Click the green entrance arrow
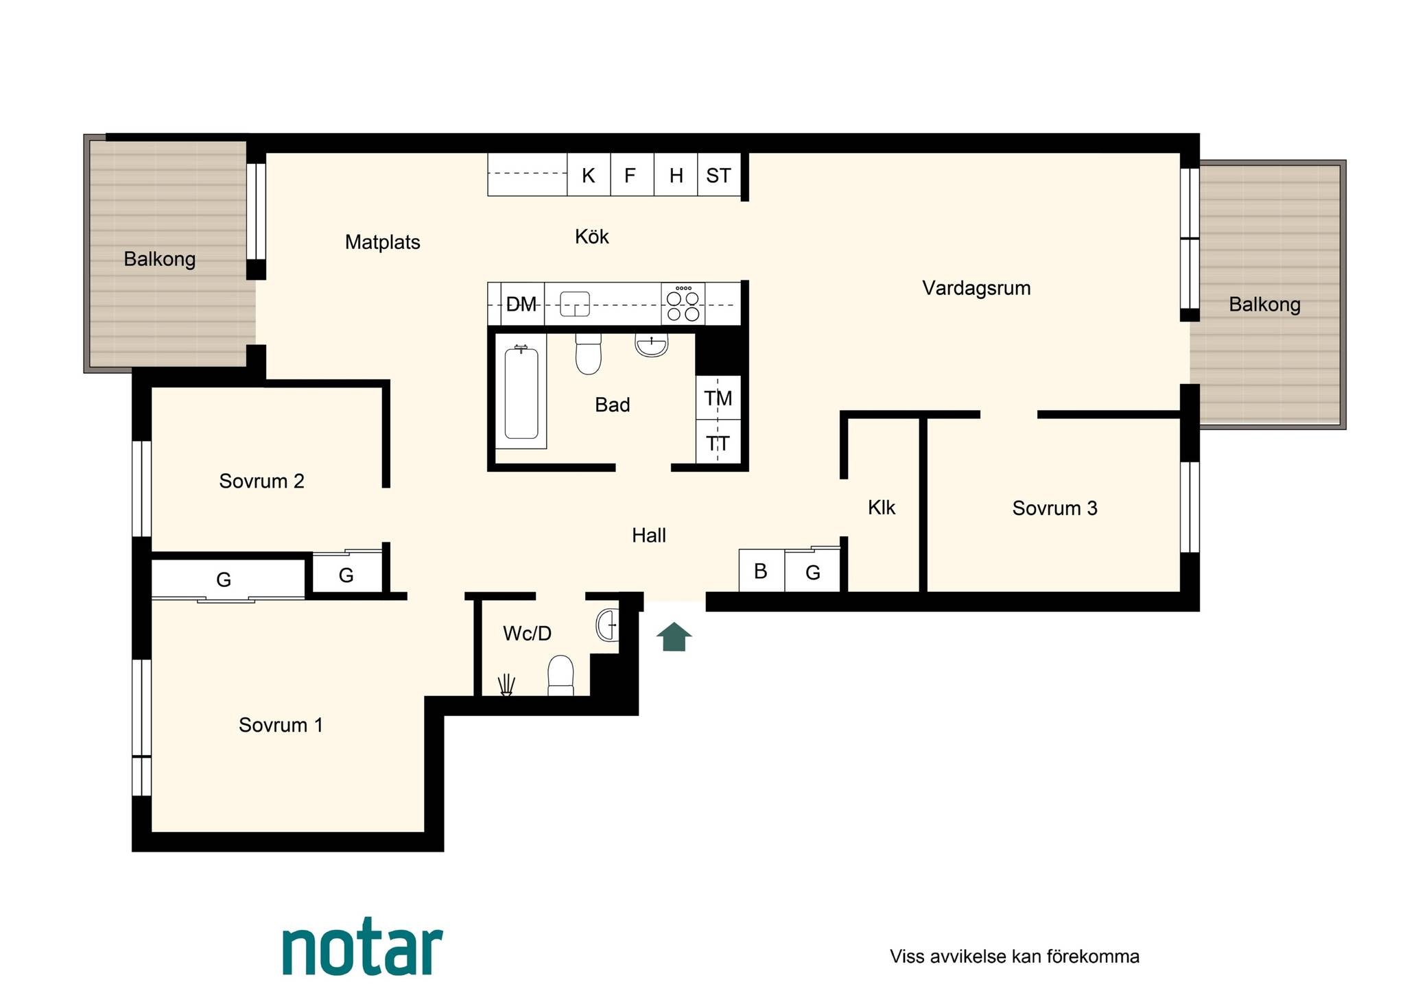click(x=674, y=636)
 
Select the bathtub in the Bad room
click(x=521, y=392)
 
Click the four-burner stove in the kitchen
click(x=683, y=303)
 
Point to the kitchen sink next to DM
click(x=575, y=304)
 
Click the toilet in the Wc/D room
click(x=560, y=675)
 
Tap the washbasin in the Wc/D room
click(x=607, y=625)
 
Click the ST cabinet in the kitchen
click(x=719, y=175)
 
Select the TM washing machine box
click(x=718, y=398)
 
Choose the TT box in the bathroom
click(x=718, y=442)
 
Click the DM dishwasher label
click(x=521, y=304)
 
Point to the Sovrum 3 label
click(x=1054, y=508)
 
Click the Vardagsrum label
click(x=976, y=288)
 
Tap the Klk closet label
click(x=882, y=507)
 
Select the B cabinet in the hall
click(x=761, y=571)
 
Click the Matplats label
click(x=382, y=242)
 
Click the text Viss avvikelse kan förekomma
click(x=1015, y=957)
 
